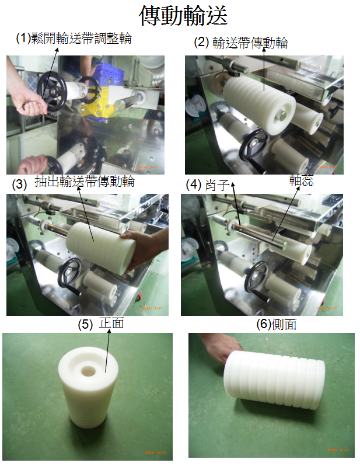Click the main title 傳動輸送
click(x=183, y=15)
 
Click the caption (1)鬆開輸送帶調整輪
click(x=74, y=39)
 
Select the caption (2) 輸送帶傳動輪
click(x=241, y=43)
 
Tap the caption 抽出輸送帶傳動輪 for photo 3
click(x=85, y=182)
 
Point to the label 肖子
click(x=217, y=185)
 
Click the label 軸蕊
click(x=301, y=180)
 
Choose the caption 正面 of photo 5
click(x=111, y=323)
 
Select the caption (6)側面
click(x=277, y=324)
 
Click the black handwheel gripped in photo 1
click(x=53, y=92)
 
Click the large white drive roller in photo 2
click(x=259, y=105)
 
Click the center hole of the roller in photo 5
click(x=88, y=371)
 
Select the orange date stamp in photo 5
click(x=155, y=452)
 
